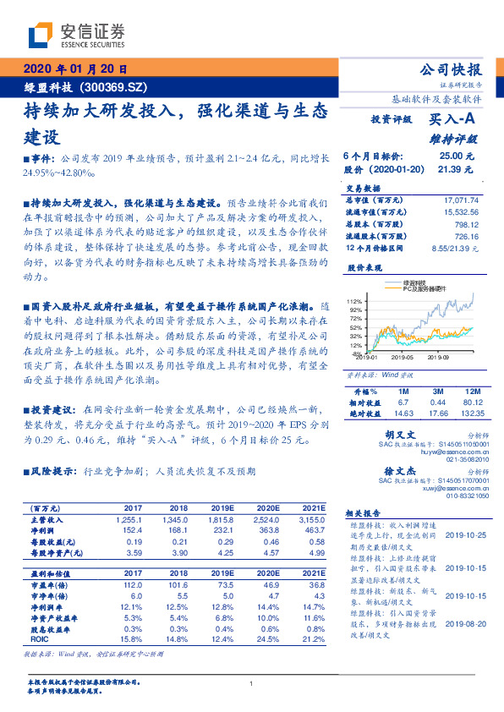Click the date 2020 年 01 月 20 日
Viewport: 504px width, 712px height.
point(75,69)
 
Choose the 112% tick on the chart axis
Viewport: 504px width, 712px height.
point(354,301)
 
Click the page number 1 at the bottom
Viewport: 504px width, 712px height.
point(252,684)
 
